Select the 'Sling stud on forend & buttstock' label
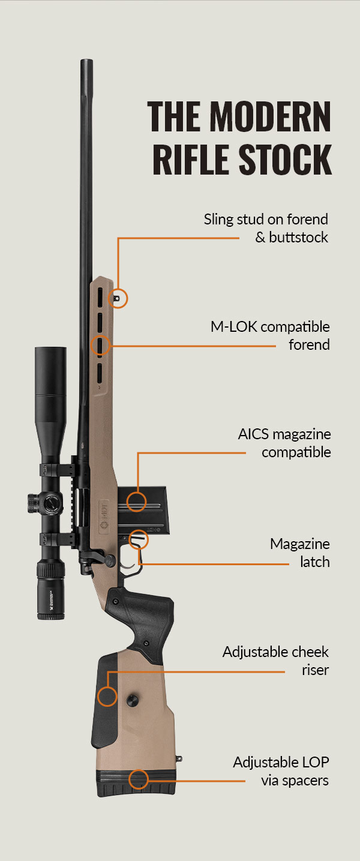pyautogui.click(x=266, y=228)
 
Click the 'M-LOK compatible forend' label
pyautogui.click(x=270, y=335)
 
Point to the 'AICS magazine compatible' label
pyautogui.click(x=284, y=442)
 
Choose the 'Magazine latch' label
pyautogui.click(x=299, y=553)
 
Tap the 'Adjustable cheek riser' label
pyautogui.click(x=275, y=660)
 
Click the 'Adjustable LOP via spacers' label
pyautogui.click(x=281, y=771)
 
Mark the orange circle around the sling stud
pyautogui.click(x=119, y=298)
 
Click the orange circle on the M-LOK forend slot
pyautogui.click(x=100, y=346)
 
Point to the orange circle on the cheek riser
pyautogui.click(x=107, y=697)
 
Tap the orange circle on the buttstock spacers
pyautogui.click(x=138, y=779)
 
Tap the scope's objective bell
pyautogui.click(x=50, y=372)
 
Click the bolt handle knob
pyautogui.click(x=110, y=559)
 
